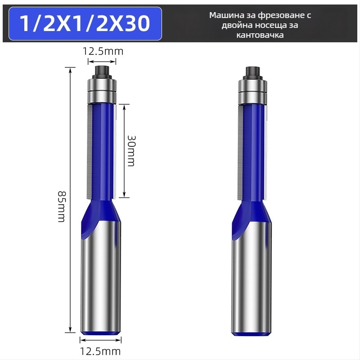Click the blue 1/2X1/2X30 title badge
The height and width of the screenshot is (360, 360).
(85, 24)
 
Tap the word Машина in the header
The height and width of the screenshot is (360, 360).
(223, 15)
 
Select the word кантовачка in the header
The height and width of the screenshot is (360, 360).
(260, 35)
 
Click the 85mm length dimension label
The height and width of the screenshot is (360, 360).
(62, 206)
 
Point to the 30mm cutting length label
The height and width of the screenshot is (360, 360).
(131, 151)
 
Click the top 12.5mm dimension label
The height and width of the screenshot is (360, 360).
(103, 51)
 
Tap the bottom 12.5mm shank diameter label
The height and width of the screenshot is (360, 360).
(100, 351)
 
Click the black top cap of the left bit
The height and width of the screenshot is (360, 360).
(102, 72)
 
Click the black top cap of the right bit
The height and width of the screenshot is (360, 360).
(252, 72)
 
